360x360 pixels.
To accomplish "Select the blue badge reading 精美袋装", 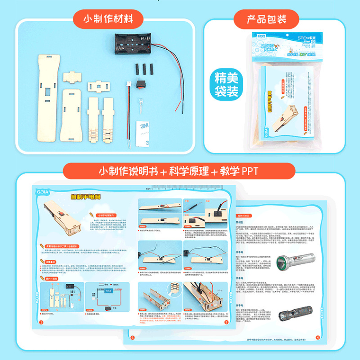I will pos(226,84).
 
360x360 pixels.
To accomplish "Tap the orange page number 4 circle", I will pos(317,337).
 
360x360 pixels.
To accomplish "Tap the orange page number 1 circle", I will pos(41,323).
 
